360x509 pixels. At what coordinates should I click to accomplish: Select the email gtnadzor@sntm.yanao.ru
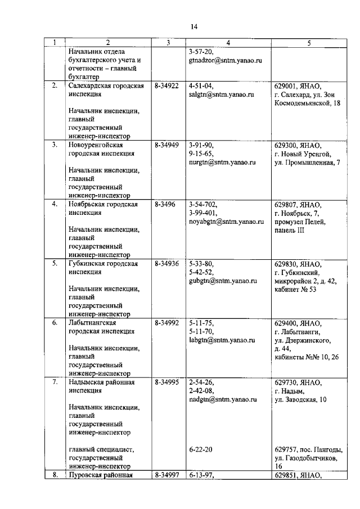pos(223,59)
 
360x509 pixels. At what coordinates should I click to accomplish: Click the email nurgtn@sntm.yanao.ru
pos(219,162)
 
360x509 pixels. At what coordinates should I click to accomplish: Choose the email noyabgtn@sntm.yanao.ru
pos(227,222)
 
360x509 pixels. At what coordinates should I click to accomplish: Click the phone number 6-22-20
pos(201,449)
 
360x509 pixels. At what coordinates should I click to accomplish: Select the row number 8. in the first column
pos(55,475)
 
